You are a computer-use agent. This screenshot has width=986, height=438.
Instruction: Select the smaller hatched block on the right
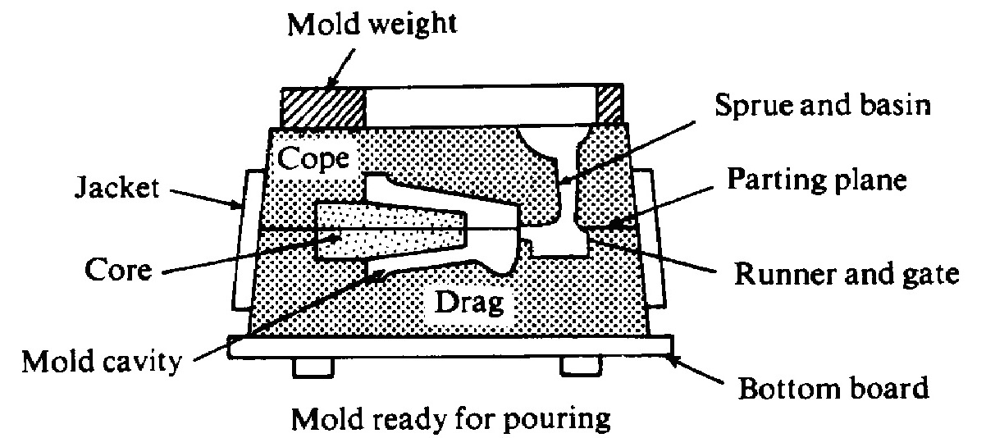coord(610,105)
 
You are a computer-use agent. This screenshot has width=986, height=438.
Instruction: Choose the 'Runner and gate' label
coord(845,274)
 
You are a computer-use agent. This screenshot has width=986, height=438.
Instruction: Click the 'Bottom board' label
coord(833,387)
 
